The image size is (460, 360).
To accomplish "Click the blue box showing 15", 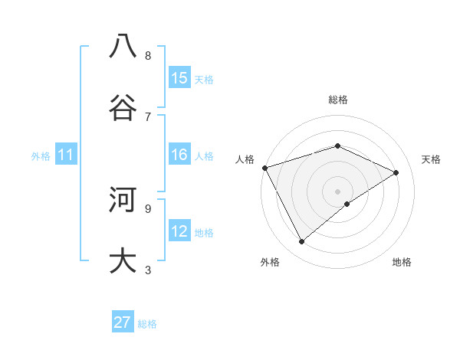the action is tap(179, 78).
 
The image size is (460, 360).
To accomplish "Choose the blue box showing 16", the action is tap(179, 155).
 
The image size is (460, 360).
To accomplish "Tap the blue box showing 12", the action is tap(179, 231).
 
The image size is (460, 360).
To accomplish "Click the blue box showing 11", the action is tap(66, 155).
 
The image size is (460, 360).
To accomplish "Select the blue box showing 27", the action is tap(123, 322).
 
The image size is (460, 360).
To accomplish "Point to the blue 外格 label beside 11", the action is tap(41, 156).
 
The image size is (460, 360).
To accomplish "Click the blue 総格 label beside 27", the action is tap(147, 324).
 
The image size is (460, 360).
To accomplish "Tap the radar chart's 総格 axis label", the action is tap(338, 100).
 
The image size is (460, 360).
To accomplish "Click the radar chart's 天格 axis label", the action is tap(431, 159).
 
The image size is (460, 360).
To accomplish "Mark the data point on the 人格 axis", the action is tap(264, 168).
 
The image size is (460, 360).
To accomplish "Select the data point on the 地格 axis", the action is tap(347, 204).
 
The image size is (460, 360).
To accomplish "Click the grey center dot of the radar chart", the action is tap(338, 191).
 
